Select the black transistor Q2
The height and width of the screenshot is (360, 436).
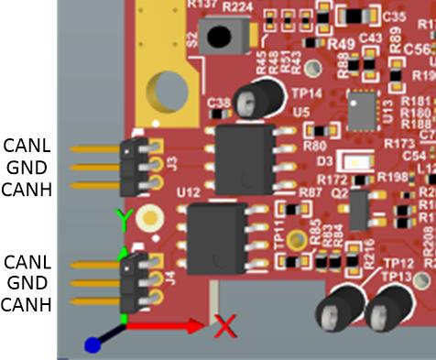(x=359, y=211)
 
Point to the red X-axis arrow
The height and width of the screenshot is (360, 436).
(x=165, y=326)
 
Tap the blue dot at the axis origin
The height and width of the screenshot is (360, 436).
(x=92, y=345)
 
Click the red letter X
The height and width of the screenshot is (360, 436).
(x=225, y=324)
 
